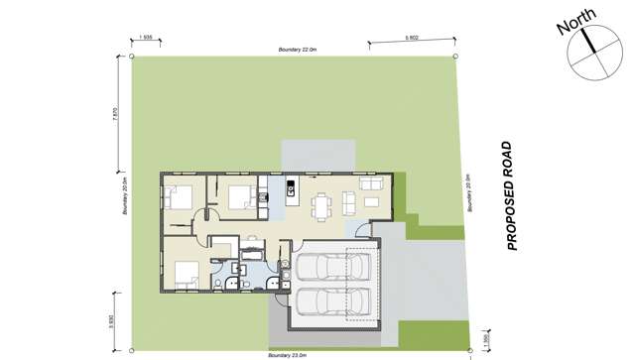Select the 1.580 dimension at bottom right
(x=483, y=339)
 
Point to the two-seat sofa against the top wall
(x=371, y=184)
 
